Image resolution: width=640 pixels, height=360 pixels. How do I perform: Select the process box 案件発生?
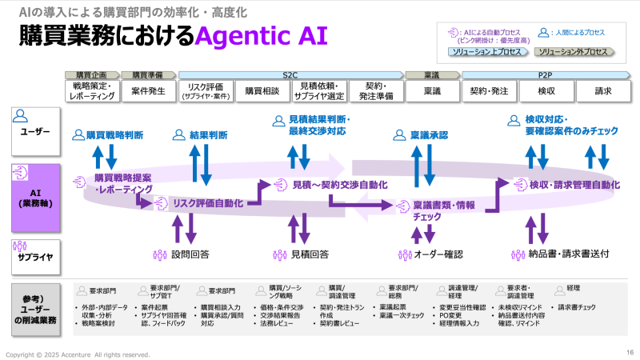(149, 91)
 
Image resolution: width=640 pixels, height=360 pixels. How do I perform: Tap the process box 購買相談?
(262, 91)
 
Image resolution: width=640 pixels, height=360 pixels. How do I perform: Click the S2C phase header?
(290, 74)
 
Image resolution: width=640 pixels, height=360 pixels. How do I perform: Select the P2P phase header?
(546, 74)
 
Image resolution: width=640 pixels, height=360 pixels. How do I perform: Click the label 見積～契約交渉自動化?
(339, 185)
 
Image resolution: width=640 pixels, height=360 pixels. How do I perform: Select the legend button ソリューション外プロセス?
(574, 52)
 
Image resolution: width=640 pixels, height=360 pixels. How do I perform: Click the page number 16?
(630, 352)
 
